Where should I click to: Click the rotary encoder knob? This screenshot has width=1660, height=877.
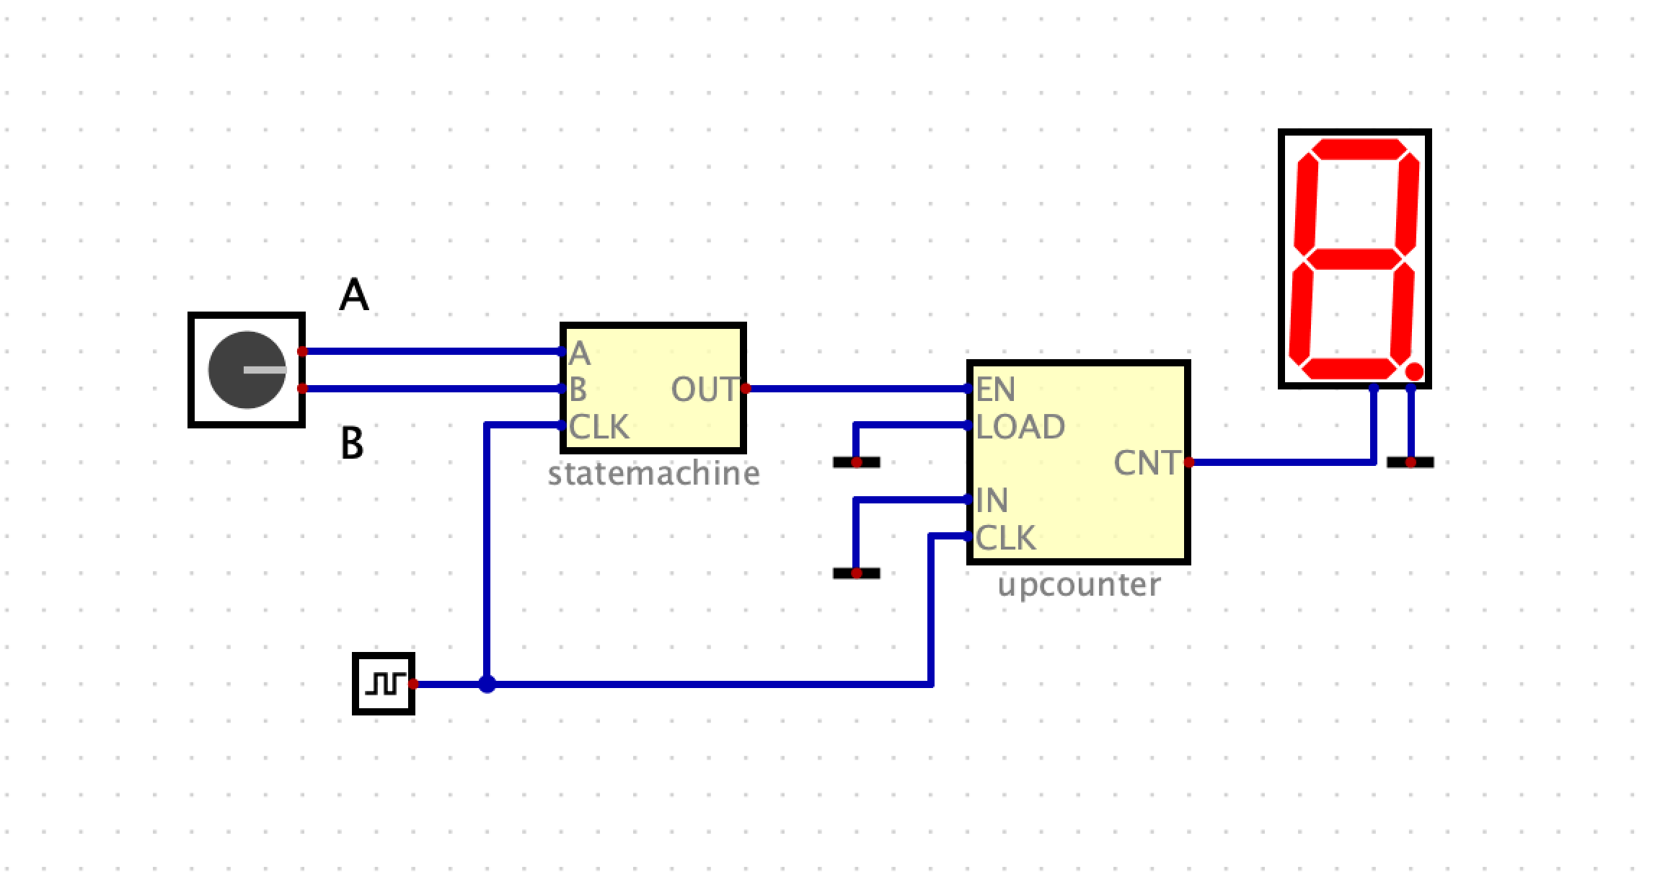click(x=247, y=370)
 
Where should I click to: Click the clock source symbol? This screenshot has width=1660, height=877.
click(x=383, y=683)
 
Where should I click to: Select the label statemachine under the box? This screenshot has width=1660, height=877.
click(x=653, y=474)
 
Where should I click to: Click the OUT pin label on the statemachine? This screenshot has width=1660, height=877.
click(x=704, y=389)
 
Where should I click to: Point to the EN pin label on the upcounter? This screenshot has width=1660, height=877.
click(x=995, y=389)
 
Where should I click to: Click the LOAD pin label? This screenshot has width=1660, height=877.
click(x=1020, y=427)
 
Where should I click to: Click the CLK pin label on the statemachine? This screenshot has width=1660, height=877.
click(x=599, y=427)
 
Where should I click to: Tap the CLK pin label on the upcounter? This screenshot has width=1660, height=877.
click(x=1005, y=538)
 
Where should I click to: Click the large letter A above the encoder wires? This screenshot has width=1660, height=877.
click(x=354, y=295)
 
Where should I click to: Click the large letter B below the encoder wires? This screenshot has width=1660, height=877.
click(x=352, y=443)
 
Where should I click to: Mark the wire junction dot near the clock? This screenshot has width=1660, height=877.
click(x=487, y=684)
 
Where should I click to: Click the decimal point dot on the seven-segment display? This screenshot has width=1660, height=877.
click(x=1414, y=371)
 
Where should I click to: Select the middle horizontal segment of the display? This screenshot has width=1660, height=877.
click(x=1355, y=259)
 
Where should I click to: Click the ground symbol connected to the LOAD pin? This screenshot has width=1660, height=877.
click(x=857, y=462)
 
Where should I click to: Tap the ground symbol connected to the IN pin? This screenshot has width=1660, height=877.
click(x=857, y=573)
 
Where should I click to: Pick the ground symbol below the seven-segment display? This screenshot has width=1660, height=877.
click(x=1410, y=462)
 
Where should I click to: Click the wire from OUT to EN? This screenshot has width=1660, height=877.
click(x=858, y=389)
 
